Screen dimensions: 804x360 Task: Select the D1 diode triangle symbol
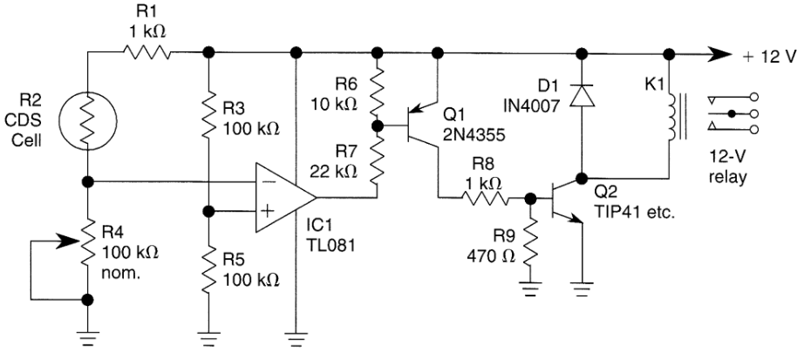582,95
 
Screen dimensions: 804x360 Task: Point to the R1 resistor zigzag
146,51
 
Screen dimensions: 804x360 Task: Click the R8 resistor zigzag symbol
485,198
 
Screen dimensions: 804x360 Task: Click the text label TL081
330,246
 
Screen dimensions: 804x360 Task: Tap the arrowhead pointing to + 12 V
720,53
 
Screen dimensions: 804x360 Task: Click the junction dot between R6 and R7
378,126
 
